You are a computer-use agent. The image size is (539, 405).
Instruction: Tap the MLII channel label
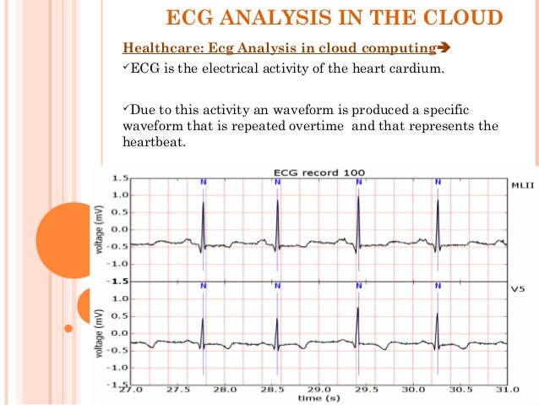pyautogui.click(x=523, y=182)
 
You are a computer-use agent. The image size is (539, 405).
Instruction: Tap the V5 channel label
pyautogui.click(x=519, y=289)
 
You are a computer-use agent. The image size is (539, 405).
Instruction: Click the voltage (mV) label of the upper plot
pyautogui.click(x=99, y=229)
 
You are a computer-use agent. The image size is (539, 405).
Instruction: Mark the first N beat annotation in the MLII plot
pyautogui.click(x=204, y=182)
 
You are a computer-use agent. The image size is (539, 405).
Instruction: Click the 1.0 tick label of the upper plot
pyautogui.click(x=120, y=195)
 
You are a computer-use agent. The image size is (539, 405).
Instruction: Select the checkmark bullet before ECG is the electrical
pyautogui.click(x=127, y=68)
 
